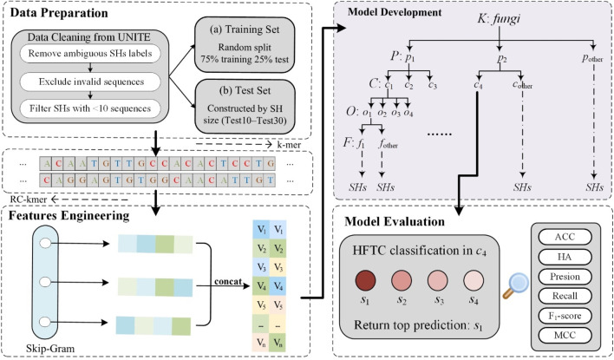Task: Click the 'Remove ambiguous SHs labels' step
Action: tap(90, 54)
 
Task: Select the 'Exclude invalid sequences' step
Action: tap(90, 82)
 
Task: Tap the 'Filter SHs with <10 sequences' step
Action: tap(90, 108)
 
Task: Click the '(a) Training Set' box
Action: tap(245, 44)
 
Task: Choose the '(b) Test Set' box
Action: tap(245, 106)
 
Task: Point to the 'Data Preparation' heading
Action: tap(59, 13)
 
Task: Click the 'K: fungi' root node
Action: tap(499, 19)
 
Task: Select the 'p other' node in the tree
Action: tap(592, 58)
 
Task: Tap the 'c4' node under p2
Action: tap(478, 84)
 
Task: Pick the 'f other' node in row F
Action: tap(388, 144)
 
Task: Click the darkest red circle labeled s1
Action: tap(365, 280)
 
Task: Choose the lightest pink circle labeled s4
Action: tap(474, 280)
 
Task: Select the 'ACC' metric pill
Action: tap(565, 237)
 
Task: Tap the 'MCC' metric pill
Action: tap(565, 336)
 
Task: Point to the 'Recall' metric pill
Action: tap(565, 296)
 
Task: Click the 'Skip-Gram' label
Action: tap(50, 348)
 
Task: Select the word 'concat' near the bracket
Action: tap(228, 281)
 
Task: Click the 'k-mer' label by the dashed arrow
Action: tap(289, 145)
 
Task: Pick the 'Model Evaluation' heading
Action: tap(395, 222)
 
